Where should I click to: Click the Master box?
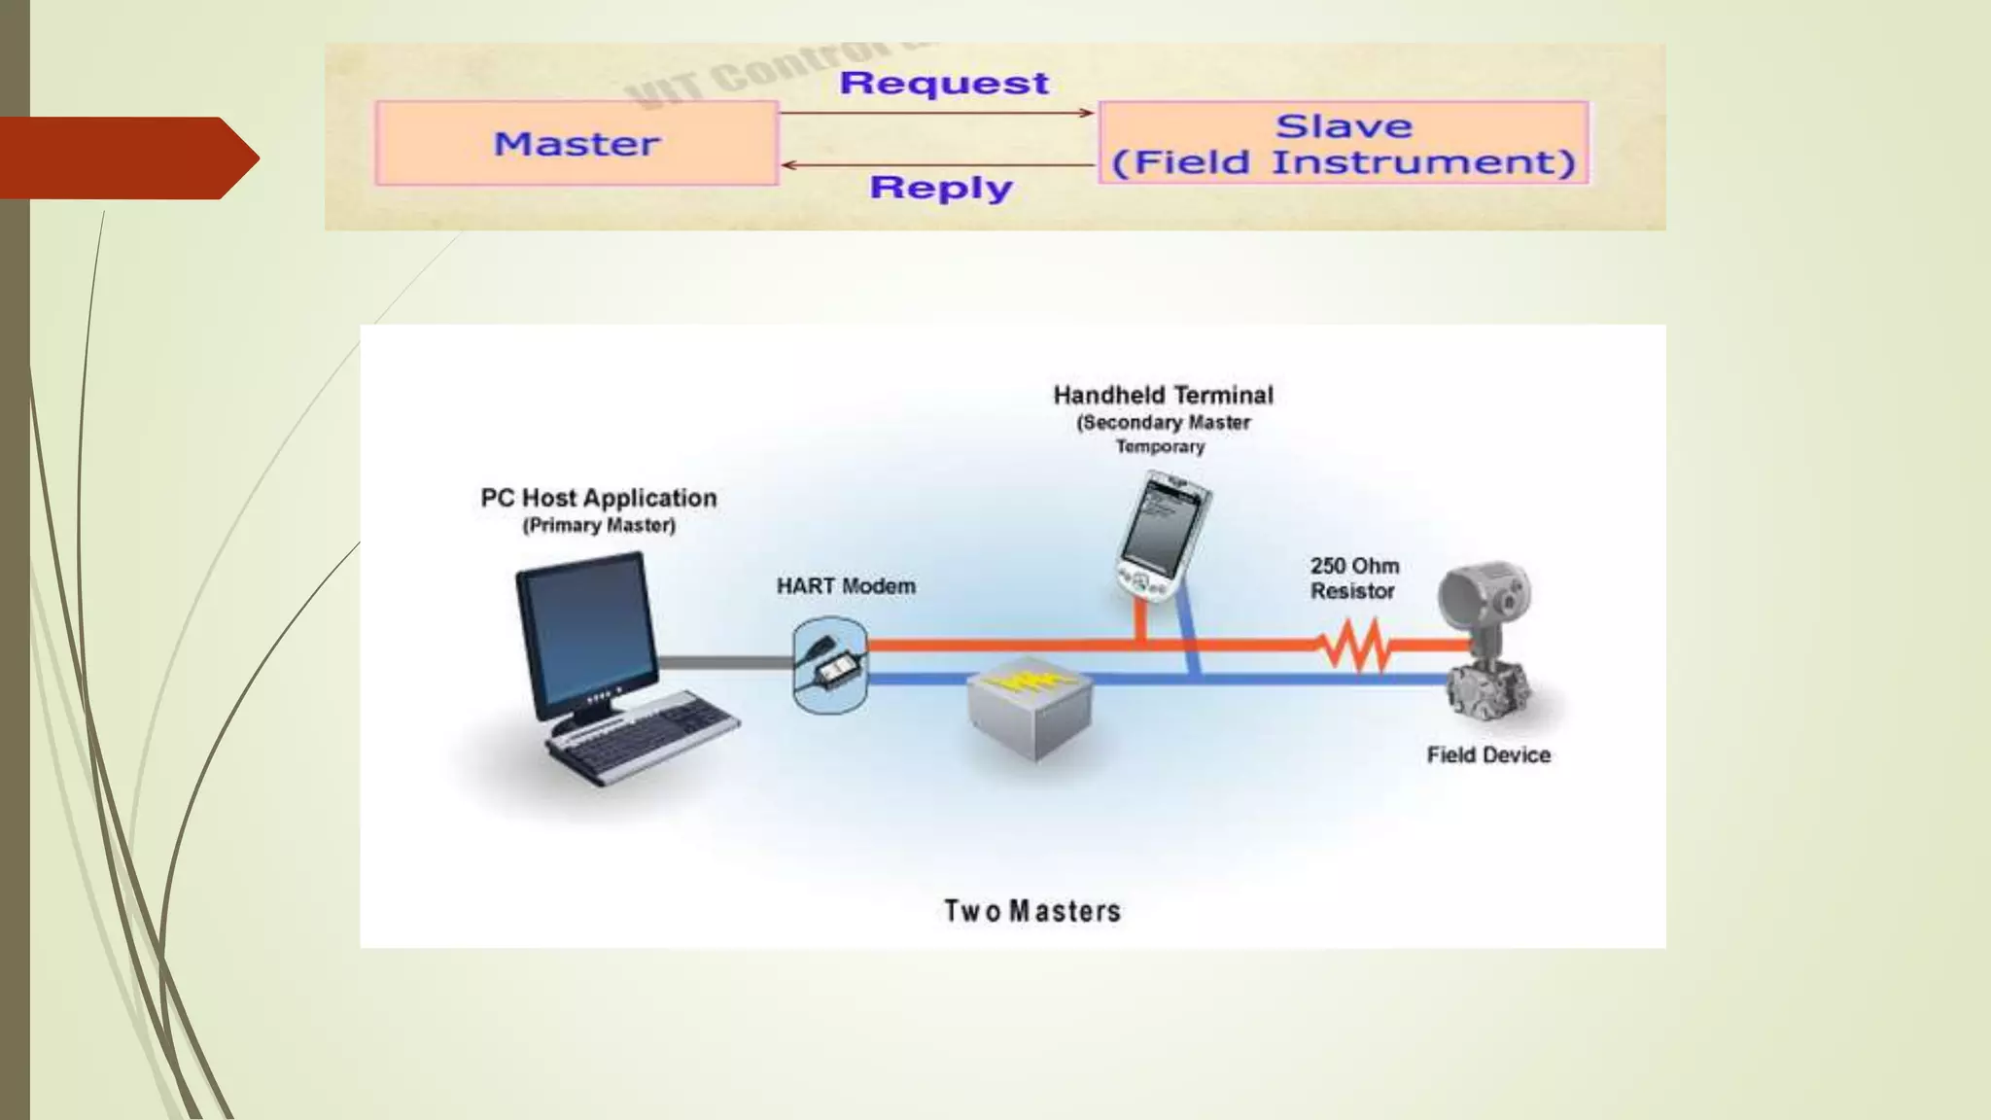(576, 144)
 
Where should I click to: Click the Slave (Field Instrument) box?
(1344, 143)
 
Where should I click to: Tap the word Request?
(944, 84)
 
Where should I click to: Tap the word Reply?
(941, 187)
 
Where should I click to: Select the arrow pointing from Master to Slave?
(937, 113)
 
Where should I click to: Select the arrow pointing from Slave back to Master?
(937, 165)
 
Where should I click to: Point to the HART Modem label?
(846, 586)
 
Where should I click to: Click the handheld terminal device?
(1161, 535)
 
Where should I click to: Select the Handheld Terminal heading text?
(1163, 395)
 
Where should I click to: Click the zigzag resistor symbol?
(1352, 645)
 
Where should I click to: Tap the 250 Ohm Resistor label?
(1353, 578)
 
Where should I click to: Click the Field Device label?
(1487, 755)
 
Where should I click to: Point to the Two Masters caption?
(1032, 911)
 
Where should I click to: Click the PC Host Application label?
(599, 498)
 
